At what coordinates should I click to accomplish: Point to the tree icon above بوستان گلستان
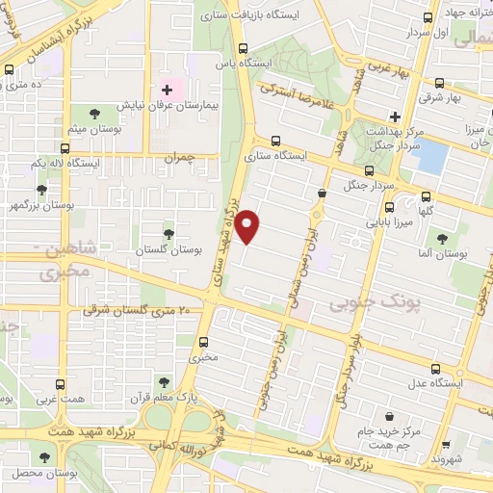169,234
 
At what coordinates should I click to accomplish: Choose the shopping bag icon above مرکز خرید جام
388,417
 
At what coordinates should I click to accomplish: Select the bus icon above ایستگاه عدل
436,369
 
